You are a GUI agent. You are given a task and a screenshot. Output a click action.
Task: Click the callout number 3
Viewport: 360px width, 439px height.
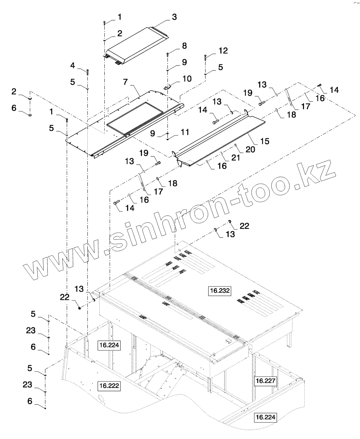point(174,17)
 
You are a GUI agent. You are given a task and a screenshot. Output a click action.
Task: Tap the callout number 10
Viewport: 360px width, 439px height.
point(187,78)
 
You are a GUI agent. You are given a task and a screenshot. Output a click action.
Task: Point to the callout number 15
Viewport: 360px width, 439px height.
point(265,141)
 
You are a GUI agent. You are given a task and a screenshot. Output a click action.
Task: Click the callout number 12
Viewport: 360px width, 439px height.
point(223,51)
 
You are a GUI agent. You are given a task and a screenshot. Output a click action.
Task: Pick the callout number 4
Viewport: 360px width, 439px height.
point(73,65)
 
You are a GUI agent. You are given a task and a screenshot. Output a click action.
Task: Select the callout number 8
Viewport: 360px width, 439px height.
point(184,46)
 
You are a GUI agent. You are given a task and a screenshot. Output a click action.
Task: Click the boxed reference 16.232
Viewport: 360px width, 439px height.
point(219,291)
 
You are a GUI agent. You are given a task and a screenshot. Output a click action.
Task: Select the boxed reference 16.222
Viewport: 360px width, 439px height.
point(109,386)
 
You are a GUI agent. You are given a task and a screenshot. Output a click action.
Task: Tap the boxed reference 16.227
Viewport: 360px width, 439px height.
point(266,381)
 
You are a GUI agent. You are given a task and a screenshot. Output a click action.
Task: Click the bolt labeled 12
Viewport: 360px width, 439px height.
point(205,57)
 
